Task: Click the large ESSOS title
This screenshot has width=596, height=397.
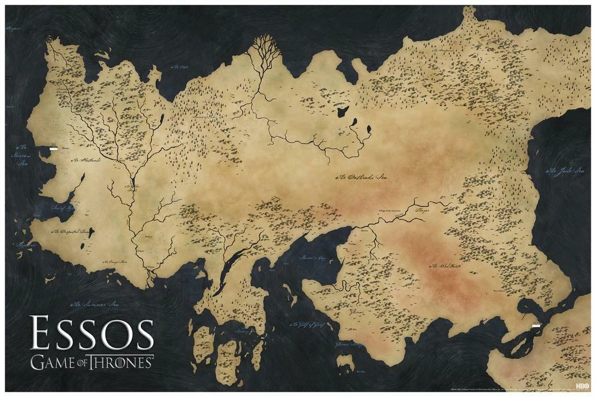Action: (92, 334)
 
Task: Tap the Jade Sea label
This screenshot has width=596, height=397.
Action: (565, 171)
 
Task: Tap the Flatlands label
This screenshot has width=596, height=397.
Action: (86, 160)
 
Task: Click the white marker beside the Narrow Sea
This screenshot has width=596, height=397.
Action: (53, 148)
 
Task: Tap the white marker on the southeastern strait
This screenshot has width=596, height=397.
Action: (535, 326)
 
